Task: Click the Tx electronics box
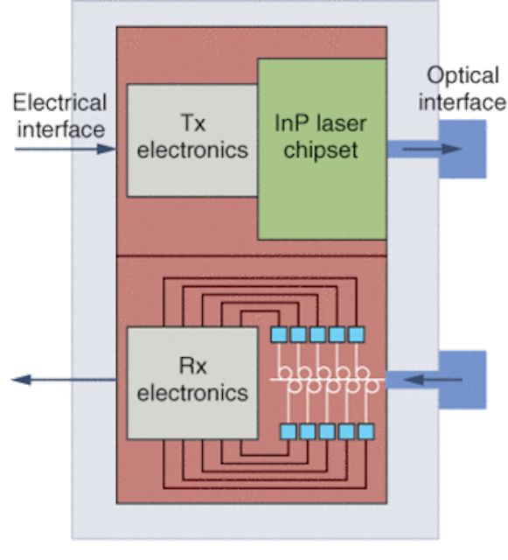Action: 192,140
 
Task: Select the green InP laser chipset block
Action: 322,149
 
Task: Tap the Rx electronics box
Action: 192,383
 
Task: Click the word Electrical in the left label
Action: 59,102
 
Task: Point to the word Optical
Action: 463,76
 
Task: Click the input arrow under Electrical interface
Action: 66,149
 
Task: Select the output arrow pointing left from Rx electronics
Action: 64,379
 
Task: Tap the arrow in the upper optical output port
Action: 432,149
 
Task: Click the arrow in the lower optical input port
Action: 433,380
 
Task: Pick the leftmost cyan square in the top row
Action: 279,335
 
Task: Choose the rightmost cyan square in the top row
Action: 356,335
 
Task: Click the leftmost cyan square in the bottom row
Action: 288,431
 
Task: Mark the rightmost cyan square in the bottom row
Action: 365,431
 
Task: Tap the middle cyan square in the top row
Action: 317,335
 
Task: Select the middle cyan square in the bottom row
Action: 327,431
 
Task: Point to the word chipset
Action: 321,150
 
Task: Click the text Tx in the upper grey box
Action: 193,123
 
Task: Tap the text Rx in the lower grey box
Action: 192,366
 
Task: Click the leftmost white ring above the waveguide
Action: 285,373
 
